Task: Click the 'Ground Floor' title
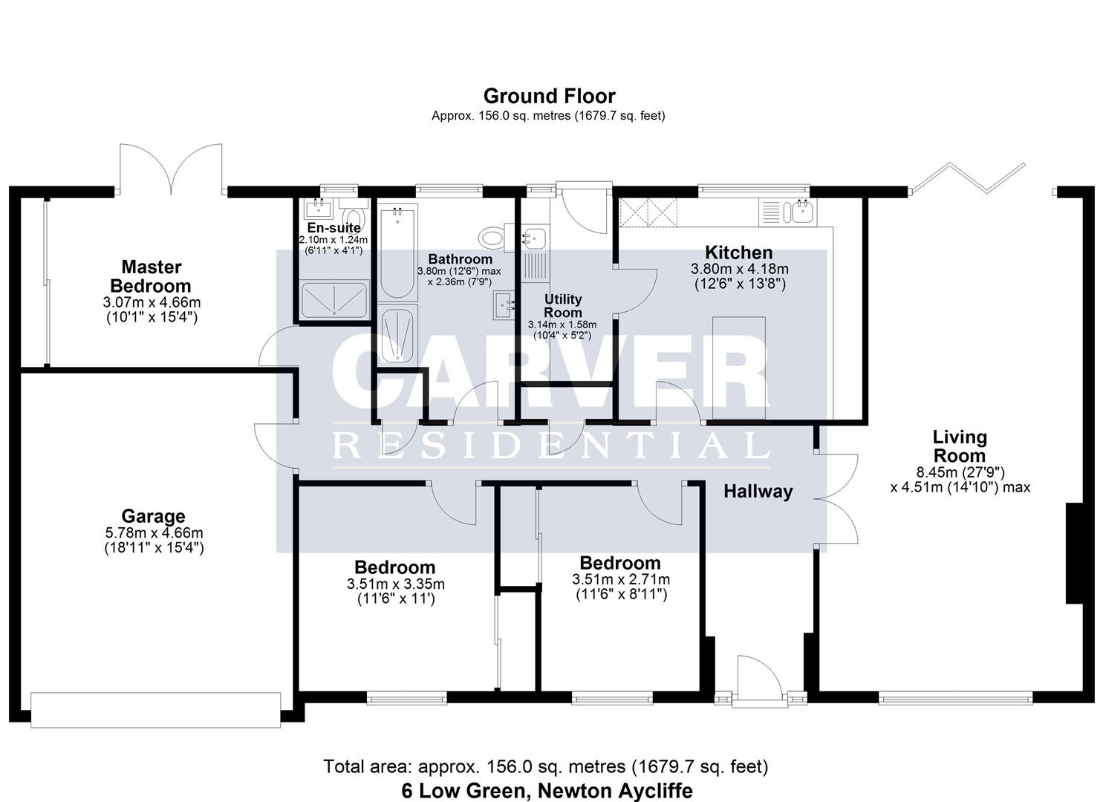coord(549,97)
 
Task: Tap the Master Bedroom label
coord(152,276)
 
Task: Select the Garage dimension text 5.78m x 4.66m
coord(154,532)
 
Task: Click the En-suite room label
coord(333,228)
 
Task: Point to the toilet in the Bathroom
coord(491,238)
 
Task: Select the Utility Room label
coord(562,305)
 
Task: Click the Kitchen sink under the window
coord(801,212)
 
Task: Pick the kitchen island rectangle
coord(739,368)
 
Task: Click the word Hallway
coord(758,491)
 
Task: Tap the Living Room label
coord(960,446)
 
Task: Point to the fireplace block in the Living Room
coord(1074,553)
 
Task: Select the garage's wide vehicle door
coord(155,709)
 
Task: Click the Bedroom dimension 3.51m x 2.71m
coord(620,579)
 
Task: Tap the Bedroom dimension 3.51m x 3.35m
coord(395,584)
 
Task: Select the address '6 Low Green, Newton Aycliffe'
coord(547,790)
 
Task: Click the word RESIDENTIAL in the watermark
coord(550,446)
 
